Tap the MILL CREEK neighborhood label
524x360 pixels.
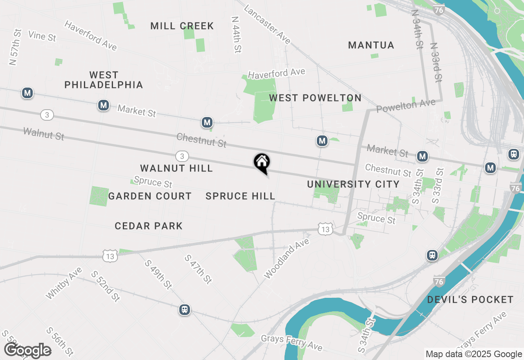point(182,26)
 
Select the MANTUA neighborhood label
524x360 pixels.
point(371,45)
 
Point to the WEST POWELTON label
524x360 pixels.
point(315,98)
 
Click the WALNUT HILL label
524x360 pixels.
point(176,168)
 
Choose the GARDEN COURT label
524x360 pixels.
point(150,196)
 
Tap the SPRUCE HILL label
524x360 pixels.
point(240,196)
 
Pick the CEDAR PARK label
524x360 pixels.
point(149,226)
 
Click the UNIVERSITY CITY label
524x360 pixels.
point(353,184)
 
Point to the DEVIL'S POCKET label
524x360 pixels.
point(470,300)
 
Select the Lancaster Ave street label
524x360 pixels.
point(267,25)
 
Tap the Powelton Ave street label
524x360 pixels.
point(406,106)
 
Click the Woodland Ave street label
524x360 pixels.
point(287,259)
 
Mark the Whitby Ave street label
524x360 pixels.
point(64,283)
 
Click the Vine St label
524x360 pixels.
point(42,36)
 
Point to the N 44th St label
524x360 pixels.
point(236,35)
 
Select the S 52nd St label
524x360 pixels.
point(105,286)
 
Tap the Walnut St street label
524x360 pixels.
point(44,134)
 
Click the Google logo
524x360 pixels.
point(27,351)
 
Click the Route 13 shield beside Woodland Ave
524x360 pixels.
point(325,229)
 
